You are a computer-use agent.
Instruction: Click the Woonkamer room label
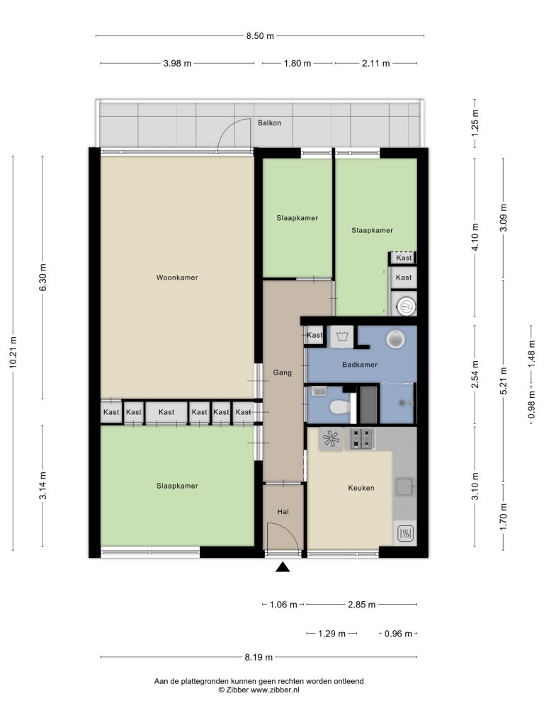(x=176, y=278)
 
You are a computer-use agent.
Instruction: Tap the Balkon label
(x=269, y=122)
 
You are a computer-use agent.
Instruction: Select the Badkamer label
(x=359, y=365)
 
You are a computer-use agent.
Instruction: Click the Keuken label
(x=361, y=487)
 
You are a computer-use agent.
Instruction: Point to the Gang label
(x=282, y=372)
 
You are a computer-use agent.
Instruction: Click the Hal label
(x=283, y=511)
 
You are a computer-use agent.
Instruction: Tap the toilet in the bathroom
(x=340, y=407)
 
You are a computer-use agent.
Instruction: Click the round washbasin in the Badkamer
(x=395, y=339)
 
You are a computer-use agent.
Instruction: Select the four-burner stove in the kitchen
(x=362, y=439)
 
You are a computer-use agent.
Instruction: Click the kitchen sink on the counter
(x=404, y=486)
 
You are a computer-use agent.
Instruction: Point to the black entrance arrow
(x=283, y=567)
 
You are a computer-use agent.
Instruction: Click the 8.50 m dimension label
(x=260, y=35)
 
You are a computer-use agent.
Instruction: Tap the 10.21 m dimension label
(x=13, y=353)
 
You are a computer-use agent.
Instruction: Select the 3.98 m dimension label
(x=177, y=63)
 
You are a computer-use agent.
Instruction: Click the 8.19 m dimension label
(x=259, y=656)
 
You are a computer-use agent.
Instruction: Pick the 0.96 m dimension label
(x=398, y=634)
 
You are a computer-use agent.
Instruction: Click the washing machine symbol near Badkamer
(x=342, y=336)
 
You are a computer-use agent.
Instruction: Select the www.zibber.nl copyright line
(x=259, y=690)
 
